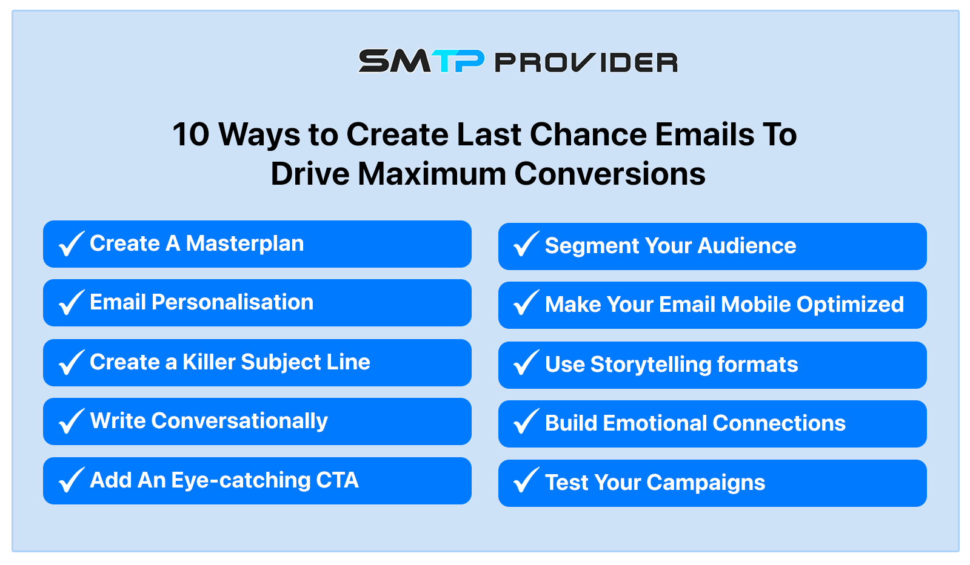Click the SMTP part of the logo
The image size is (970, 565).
click(421, 61)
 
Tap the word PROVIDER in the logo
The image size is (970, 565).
click(586, 62)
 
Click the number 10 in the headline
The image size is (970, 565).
click(191, 134)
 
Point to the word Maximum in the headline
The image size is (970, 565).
click(432, 173)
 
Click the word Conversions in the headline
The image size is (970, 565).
click(610, 173)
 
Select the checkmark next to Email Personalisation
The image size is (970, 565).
click(72, 302)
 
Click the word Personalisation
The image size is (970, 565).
click(233, 302)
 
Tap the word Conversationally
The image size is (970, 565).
click(239, 421)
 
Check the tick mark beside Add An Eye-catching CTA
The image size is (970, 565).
click(72, 480)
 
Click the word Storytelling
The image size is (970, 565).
click(651, 365)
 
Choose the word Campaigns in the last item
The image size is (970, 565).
click(706, 483)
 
